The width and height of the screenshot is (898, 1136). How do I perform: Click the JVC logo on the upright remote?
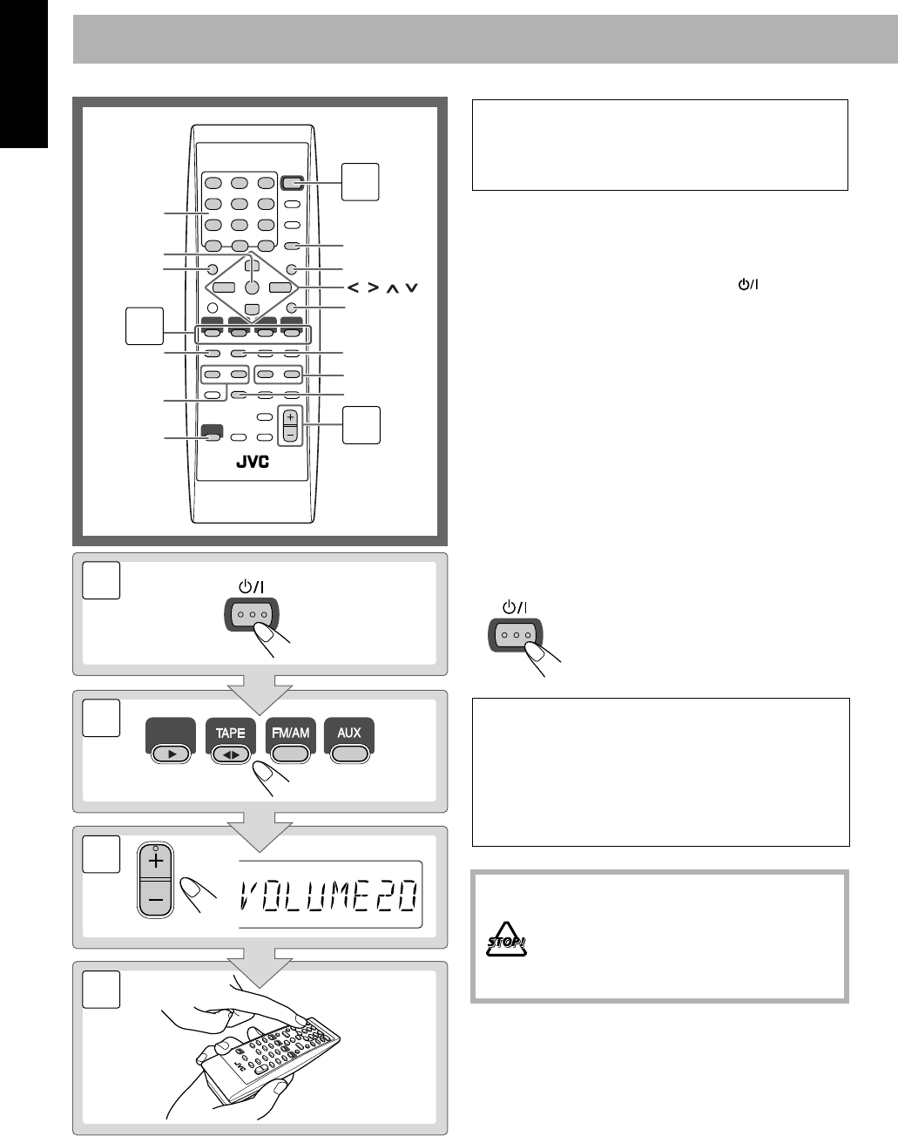pos(253,462)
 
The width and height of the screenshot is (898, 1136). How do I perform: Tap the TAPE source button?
pos(230,740)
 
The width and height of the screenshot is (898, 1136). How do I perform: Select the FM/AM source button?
pos(290,740)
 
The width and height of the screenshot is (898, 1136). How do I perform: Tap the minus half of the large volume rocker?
pos(156,898)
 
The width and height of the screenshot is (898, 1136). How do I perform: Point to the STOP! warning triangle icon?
pos(506,940)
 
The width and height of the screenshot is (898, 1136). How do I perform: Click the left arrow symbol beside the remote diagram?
pos(353,287)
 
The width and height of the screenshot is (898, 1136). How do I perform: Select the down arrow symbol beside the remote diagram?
pos(412,288)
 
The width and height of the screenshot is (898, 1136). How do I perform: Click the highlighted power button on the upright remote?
pos(292,183)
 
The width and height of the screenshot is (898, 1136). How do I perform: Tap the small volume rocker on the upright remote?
pos(290,425)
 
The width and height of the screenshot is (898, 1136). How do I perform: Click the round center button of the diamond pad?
pos(253,287)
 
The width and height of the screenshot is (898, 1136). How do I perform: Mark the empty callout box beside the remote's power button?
pos(360,182)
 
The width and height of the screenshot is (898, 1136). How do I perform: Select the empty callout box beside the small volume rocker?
pos(361,425)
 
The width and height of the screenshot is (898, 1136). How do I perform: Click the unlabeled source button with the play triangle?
pos(171,740)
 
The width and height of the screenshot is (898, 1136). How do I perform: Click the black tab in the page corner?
pos(24,74)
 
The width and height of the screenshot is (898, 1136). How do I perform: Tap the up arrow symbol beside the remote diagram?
pos(392,288)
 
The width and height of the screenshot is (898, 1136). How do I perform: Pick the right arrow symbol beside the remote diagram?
pos(374,287)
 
